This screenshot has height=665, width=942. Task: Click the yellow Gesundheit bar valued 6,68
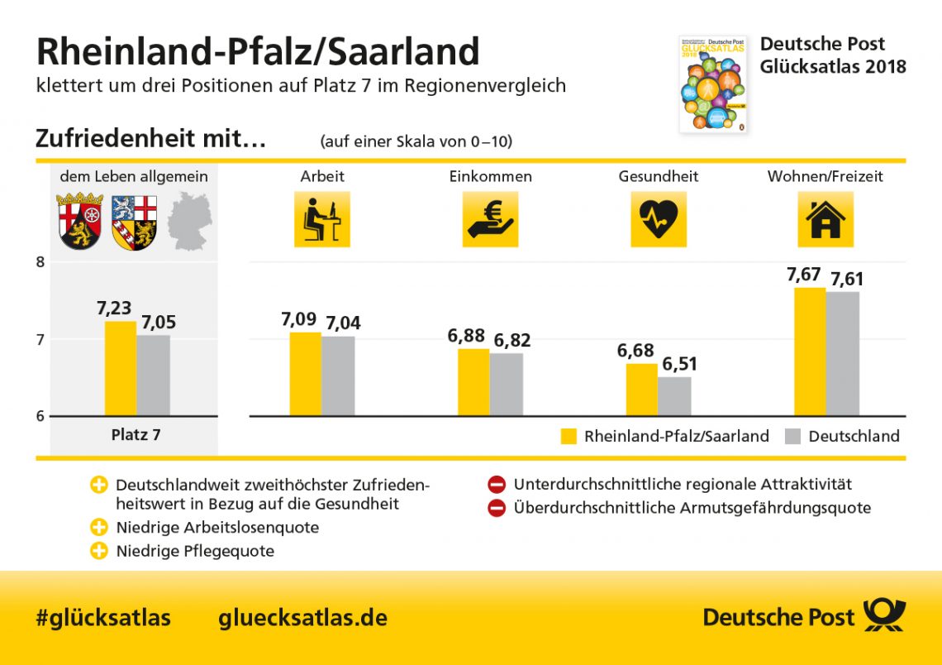641,390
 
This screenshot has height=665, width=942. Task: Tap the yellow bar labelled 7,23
121,369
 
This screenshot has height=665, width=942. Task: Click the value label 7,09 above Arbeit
298,318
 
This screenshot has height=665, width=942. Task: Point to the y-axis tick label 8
40,263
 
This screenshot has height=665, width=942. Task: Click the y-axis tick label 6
40,416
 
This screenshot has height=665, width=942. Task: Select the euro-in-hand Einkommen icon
490,219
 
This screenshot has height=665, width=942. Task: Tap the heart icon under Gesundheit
659,219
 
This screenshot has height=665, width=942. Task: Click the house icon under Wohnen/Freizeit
825,219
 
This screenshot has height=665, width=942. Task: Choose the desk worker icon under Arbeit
321,219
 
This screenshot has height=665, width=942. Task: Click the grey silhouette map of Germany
189,221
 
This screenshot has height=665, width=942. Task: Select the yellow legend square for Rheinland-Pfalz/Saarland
569,436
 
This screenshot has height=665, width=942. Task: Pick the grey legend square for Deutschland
792,436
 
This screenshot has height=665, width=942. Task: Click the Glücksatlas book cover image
712,84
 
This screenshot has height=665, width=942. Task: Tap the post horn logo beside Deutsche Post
884,616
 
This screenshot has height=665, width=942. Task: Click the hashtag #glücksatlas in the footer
103,617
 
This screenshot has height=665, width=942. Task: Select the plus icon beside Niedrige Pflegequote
99,551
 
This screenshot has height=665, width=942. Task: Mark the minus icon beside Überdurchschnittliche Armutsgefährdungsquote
497,508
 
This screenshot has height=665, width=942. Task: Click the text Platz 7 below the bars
136,434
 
